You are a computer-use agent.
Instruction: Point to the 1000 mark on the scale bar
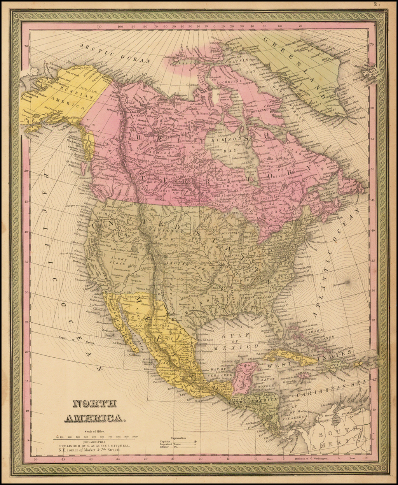point(135,437)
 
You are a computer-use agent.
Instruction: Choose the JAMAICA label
point(302,375)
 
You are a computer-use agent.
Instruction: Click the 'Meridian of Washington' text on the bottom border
point(311,459)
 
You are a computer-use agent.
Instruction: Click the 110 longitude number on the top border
point(99,26)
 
